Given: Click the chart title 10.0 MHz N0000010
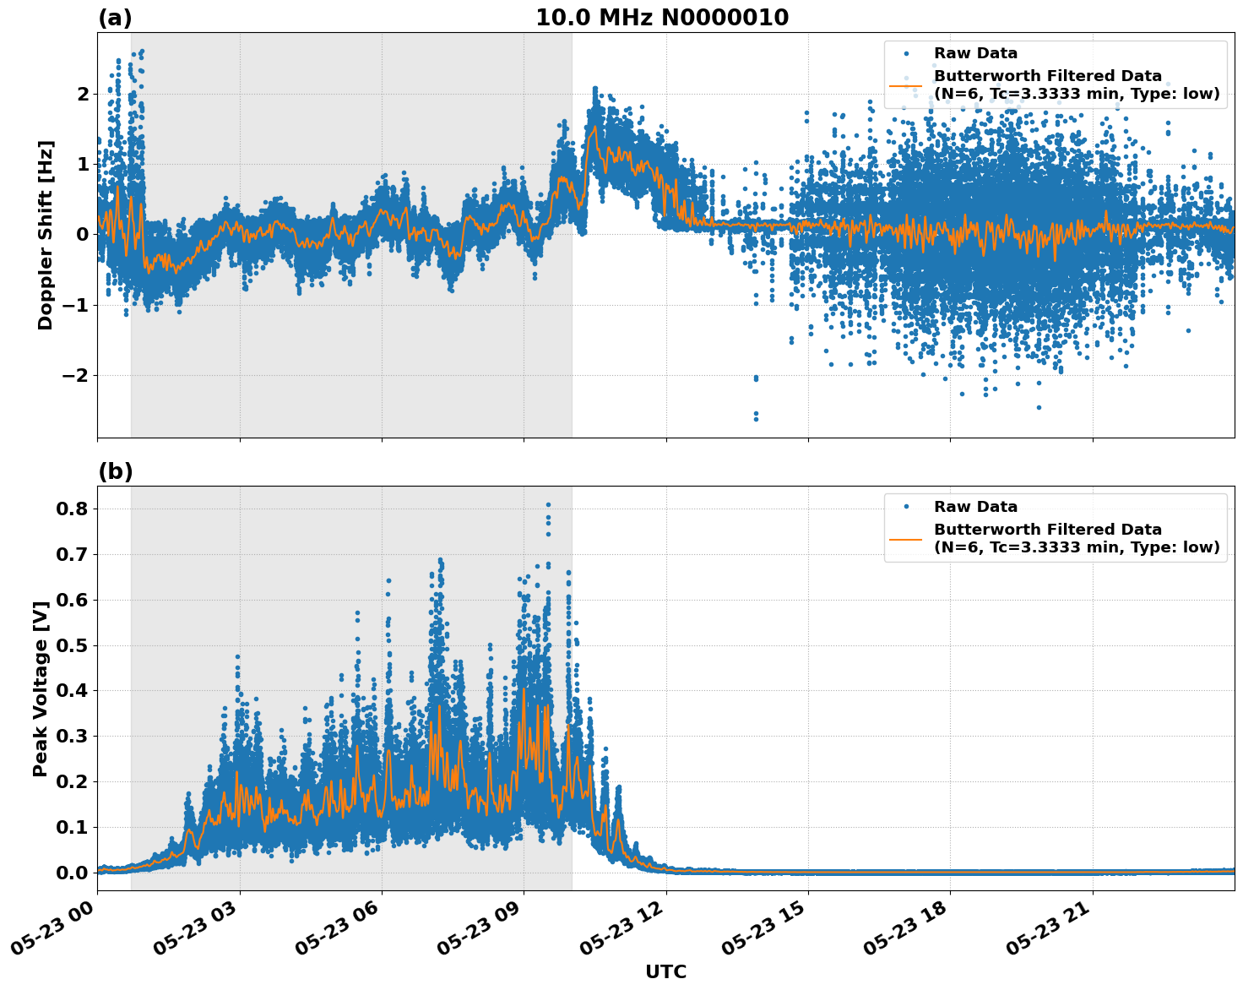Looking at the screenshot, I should (662, 18).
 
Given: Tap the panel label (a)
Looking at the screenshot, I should (115, 18).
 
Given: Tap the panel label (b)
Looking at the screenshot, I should (115, 471).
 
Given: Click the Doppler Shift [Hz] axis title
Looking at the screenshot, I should (46, 235).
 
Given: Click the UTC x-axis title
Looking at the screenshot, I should (665, 971).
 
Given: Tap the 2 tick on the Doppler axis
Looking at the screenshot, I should (83, 94).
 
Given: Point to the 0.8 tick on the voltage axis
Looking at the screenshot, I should (71, 509).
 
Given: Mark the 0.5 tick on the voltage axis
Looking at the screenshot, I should (71, 645).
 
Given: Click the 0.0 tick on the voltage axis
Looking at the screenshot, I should (71, 873).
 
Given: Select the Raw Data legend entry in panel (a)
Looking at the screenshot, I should (975, 53).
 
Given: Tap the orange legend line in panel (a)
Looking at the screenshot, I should (906, 85).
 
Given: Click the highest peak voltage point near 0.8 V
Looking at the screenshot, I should (547, 505).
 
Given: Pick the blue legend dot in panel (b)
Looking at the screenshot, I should (906, 507).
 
